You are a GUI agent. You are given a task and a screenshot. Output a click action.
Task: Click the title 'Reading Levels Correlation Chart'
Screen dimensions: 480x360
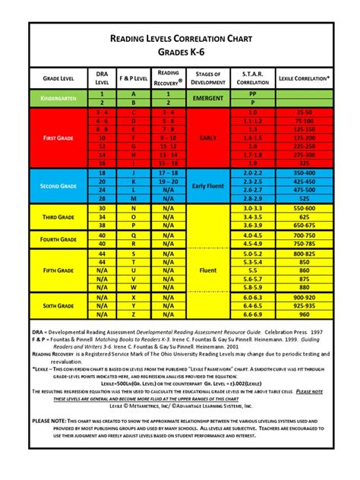pyautogui.click(x=179, y=37)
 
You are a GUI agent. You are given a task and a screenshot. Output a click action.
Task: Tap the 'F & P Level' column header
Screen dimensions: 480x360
pyautogui.click(x=155, y=77)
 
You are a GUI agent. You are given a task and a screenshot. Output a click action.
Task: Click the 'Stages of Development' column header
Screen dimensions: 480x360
pyautogui.click(x=207, y=77)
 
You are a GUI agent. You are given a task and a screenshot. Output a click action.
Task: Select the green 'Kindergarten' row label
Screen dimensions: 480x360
pyautogui.click(x=59, y=99)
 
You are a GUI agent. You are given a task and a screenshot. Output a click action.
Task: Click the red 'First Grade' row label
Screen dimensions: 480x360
pyautogui.click(x=59, y=137)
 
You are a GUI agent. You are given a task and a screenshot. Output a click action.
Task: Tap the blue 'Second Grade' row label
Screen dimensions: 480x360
pyautogui.click(x=59, y=185)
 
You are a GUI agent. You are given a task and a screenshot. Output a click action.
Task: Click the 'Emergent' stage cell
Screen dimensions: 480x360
pyautogui.click(x=207, y=99)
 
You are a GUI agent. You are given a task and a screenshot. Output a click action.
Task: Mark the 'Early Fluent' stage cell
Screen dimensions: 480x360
pyautogui.click(x=207, y=185)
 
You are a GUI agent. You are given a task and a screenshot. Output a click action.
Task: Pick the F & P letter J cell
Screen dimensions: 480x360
pyautogui.click(x=155, y=172)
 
